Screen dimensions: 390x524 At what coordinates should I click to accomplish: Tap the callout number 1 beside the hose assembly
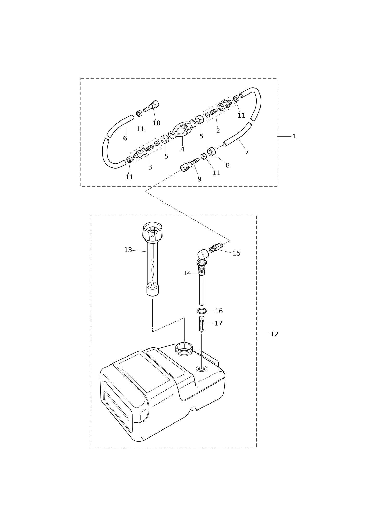tap(294, 136)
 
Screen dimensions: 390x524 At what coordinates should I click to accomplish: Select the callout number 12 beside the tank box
tap(274, 334)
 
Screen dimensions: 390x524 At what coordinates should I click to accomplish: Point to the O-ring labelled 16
tap(202, 311)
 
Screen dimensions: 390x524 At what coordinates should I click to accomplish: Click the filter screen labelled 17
tap(202, 324)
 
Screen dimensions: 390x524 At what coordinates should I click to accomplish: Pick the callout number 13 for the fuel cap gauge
tap(128, 250)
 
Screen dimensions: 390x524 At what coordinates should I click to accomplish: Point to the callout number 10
tap(156, 123)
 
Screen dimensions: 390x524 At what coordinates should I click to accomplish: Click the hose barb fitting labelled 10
tap(151, 106)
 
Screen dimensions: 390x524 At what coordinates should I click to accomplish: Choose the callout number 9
tap(199, 179)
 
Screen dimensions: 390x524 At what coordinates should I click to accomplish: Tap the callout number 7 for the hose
tap(247, 152)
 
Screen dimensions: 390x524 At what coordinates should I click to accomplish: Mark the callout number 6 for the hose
tap(125, 138)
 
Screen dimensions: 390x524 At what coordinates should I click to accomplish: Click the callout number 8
tap(227, 165)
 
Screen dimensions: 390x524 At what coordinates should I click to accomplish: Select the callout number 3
tap(150, 167)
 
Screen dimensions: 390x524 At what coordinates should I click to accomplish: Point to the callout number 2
tap(218, 131)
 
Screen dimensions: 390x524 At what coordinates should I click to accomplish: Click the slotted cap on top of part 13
tap(153, 232)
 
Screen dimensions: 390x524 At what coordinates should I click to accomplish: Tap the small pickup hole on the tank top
tap(201, 368)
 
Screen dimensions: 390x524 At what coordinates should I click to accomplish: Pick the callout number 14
tap(187, 273)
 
